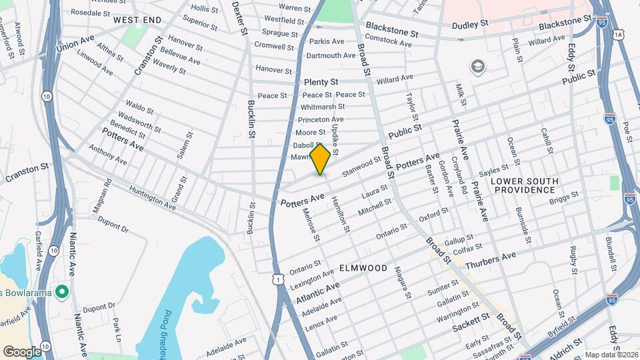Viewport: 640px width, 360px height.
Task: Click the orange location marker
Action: coord(320,159)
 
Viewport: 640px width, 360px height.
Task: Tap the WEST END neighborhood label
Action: coord(137,20)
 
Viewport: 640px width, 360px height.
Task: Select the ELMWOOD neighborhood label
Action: coord(363,268)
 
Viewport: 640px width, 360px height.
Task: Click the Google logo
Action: coord(21,351)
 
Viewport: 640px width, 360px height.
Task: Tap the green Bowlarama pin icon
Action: coord(62,291)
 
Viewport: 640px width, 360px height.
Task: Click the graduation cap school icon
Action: coord(477,67)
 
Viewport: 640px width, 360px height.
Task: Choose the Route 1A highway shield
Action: coord(619,34)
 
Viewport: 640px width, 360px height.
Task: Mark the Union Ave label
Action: coord(75,43)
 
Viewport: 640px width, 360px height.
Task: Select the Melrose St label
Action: coord(311,225)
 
